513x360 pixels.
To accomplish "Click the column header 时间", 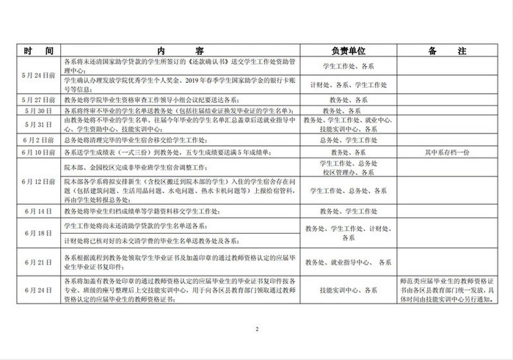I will tap(38, 52).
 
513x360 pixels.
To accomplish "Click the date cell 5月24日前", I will tap(38, 75).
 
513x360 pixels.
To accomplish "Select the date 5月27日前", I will tap(38, 98).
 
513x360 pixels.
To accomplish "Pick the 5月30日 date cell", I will tap(38, 110).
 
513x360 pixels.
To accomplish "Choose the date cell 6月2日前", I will tap(38, 139).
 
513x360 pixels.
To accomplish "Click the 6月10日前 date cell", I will tap(38, 152).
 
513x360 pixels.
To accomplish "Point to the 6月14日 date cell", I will tap(38, 210).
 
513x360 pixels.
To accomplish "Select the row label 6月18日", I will tap(38, 232).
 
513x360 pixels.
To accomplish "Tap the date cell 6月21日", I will tap(38, 261).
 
